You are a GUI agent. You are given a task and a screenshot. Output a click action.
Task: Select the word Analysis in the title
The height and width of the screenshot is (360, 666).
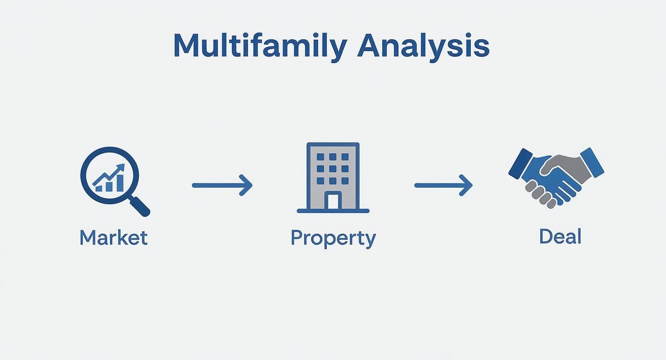(x=423, y=46)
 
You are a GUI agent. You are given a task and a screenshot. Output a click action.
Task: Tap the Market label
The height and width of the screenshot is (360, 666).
(x=113, y=237)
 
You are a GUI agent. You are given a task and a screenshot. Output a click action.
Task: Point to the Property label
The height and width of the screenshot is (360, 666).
(x=333, y=238)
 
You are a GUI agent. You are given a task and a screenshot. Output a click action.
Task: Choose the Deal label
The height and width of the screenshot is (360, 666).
(x=560, y=236)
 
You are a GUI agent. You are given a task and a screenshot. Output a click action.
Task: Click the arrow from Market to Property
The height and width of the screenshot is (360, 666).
(x=222, y=185)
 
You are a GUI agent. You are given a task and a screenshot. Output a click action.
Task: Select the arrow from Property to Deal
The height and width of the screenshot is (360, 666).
(x=444, y=185)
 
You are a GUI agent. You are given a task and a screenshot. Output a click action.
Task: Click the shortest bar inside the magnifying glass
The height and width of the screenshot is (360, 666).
(x=99, y=188)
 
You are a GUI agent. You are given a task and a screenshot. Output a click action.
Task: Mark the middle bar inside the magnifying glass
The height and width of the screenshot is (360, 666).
(x=109, y=186)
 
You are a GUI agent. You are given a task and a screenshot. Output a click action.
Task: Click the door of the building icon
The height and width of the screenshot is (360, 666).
(x=333, y=201)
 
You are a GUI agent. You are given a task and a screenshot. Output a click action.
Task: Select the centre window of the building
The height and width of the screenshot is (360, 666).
(x=333, y=169)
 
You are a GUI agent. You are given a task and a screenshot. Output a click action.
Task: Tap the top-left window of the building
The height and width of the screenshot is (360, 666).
(x=321, y=157)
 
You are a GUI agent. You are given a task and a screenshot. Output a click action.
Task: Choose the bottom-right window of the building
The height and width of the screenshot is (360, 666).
(x=345, y=181)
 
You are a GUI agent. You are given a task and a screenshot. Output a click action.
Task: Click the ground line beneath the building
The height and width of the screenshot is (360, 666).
(x=333, y=211)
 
